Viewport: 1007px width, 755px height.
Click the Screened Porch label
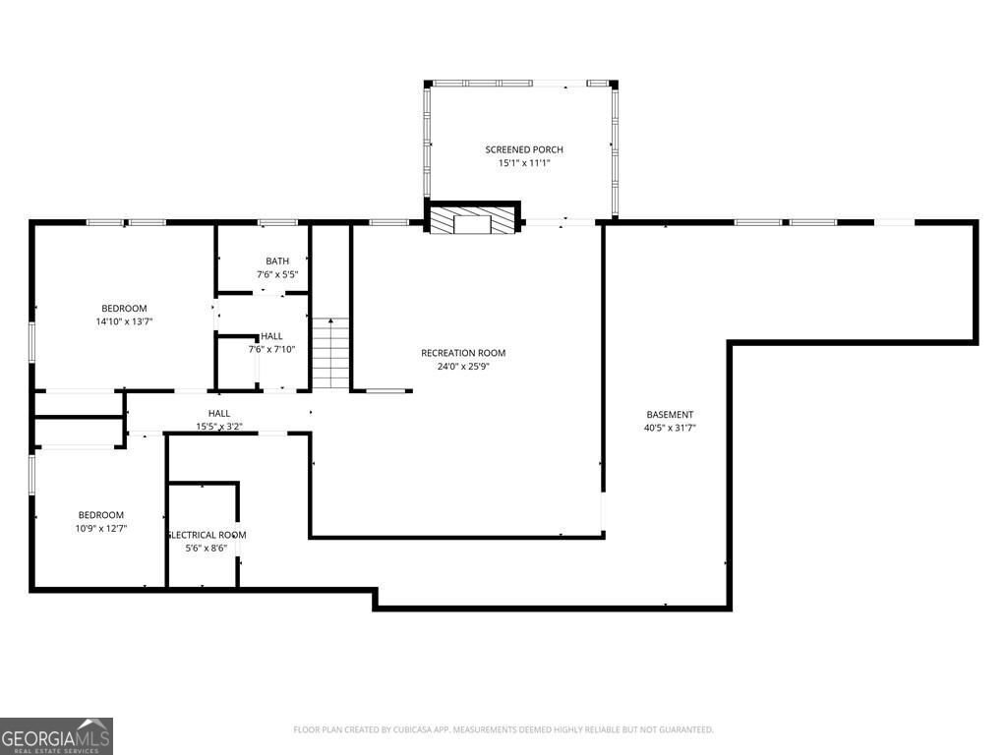click(523, 149)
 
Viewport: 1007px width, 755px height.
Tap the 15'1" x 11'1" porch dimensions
click(523, 163)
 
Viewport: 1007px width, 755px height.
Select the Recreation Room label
click(462, 353)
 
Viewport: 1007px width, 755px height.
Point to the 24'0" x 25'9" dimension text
click(462, 367)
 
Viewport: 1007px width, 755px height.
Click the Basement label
click(670, 414)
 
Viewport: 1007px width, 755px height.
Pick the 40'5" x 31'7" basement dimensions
click(670, 428)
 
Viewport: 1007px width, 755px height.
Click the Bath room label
click(276, 261)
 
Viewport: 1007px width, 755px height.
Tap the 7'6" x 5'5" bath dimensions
click(276, 274)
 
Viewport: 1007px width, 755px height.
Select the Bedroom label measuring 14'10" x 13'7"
click(124, 308)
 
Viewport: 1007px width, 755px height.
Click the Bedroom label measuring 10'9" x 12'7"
click(101, 515)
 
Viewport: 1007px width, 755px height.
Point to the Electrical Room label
click(207, 535)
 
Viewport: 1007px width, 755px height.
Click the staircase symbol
click(331, 353)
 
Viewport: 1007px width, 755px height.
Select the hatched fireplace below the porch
click(473, 220)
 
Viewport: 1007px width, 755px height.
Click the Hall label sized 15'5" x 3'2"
click(218, 414)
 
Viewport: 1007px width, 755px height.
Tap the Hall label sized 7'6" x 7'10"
click(271, 336)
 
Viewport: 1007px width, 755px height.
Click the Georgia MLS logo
click(56, 736)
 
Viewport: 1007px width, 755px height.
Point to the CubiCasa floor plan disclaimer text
click(503, 729)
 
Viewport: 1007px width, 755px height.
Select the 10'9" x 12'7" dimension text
click(101, 529)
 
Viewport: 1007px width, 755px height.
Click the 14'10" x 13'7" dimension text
click(124, 321)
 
